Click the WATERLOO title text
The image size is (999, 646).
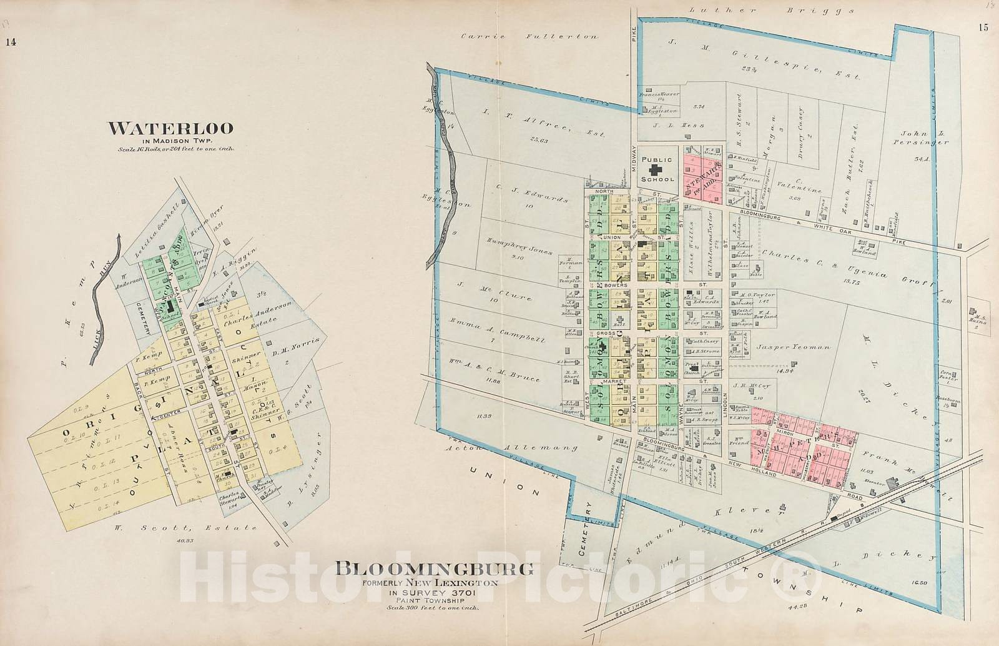click(171, 129)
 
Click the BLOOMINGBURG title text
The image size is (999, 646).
click(435, 569)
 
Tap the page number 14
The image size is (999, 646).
click(11, 42)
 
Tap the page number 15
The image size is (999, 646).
click(984, 44)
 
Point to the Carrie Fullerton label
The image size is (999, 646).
click(529, 37)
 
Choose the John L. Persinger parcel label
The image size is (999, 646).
click(923, 138)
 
